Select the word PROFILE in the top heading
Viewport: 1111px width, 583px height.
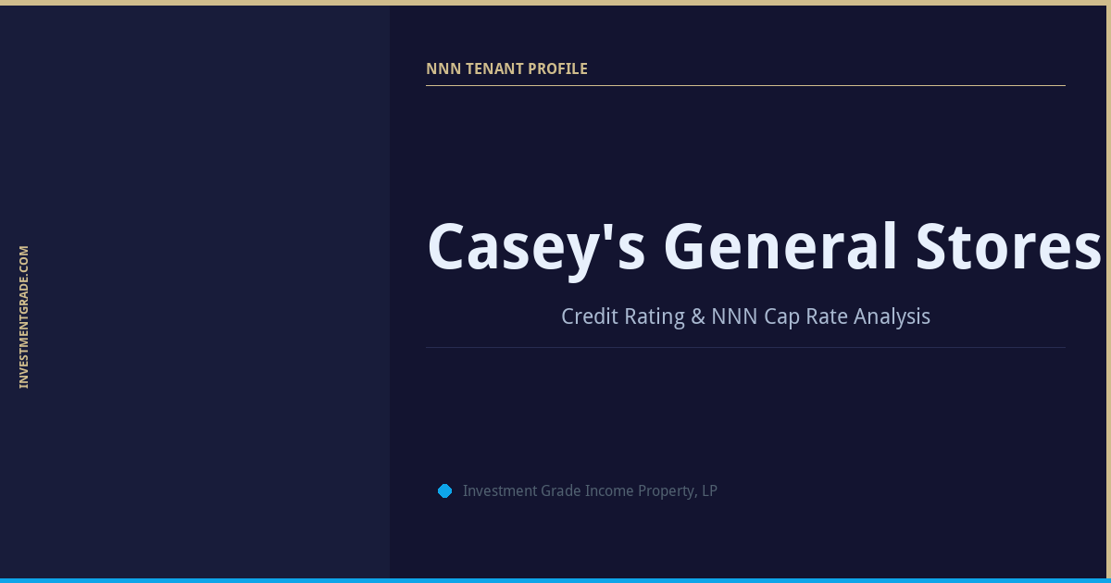[x=557, y=69]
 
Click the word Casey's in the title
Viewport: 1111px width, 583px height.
[x=535, y=248]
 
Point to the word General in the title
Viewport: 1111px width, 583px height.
[x=780, y=248]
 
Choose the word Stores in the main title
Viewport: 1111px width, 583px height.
[x=1008, y=248]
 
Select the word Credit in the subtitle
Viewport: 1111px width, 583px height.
[x=589, y=316]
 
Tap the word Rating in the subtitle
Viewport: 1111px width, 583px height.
[x=654, y=316]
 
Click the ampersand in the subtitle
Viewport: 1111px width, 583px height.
[x=699, y=316]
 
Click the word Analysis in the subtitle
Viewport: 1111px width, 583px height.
[x=892, y=316]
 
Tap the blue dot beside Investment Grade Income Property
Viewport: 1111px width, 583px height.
[x=444, y=491]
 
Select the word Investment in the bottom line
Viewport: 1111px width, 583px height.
[x=498, y=491]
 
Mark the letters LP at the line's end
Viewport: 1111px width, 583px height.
[x=709, y=491]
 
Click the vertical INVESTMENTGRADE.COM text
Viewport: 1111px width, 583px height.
[x=24, y=316]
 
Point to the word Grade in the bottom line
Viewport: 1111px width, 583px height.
[x=559, y=491]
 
